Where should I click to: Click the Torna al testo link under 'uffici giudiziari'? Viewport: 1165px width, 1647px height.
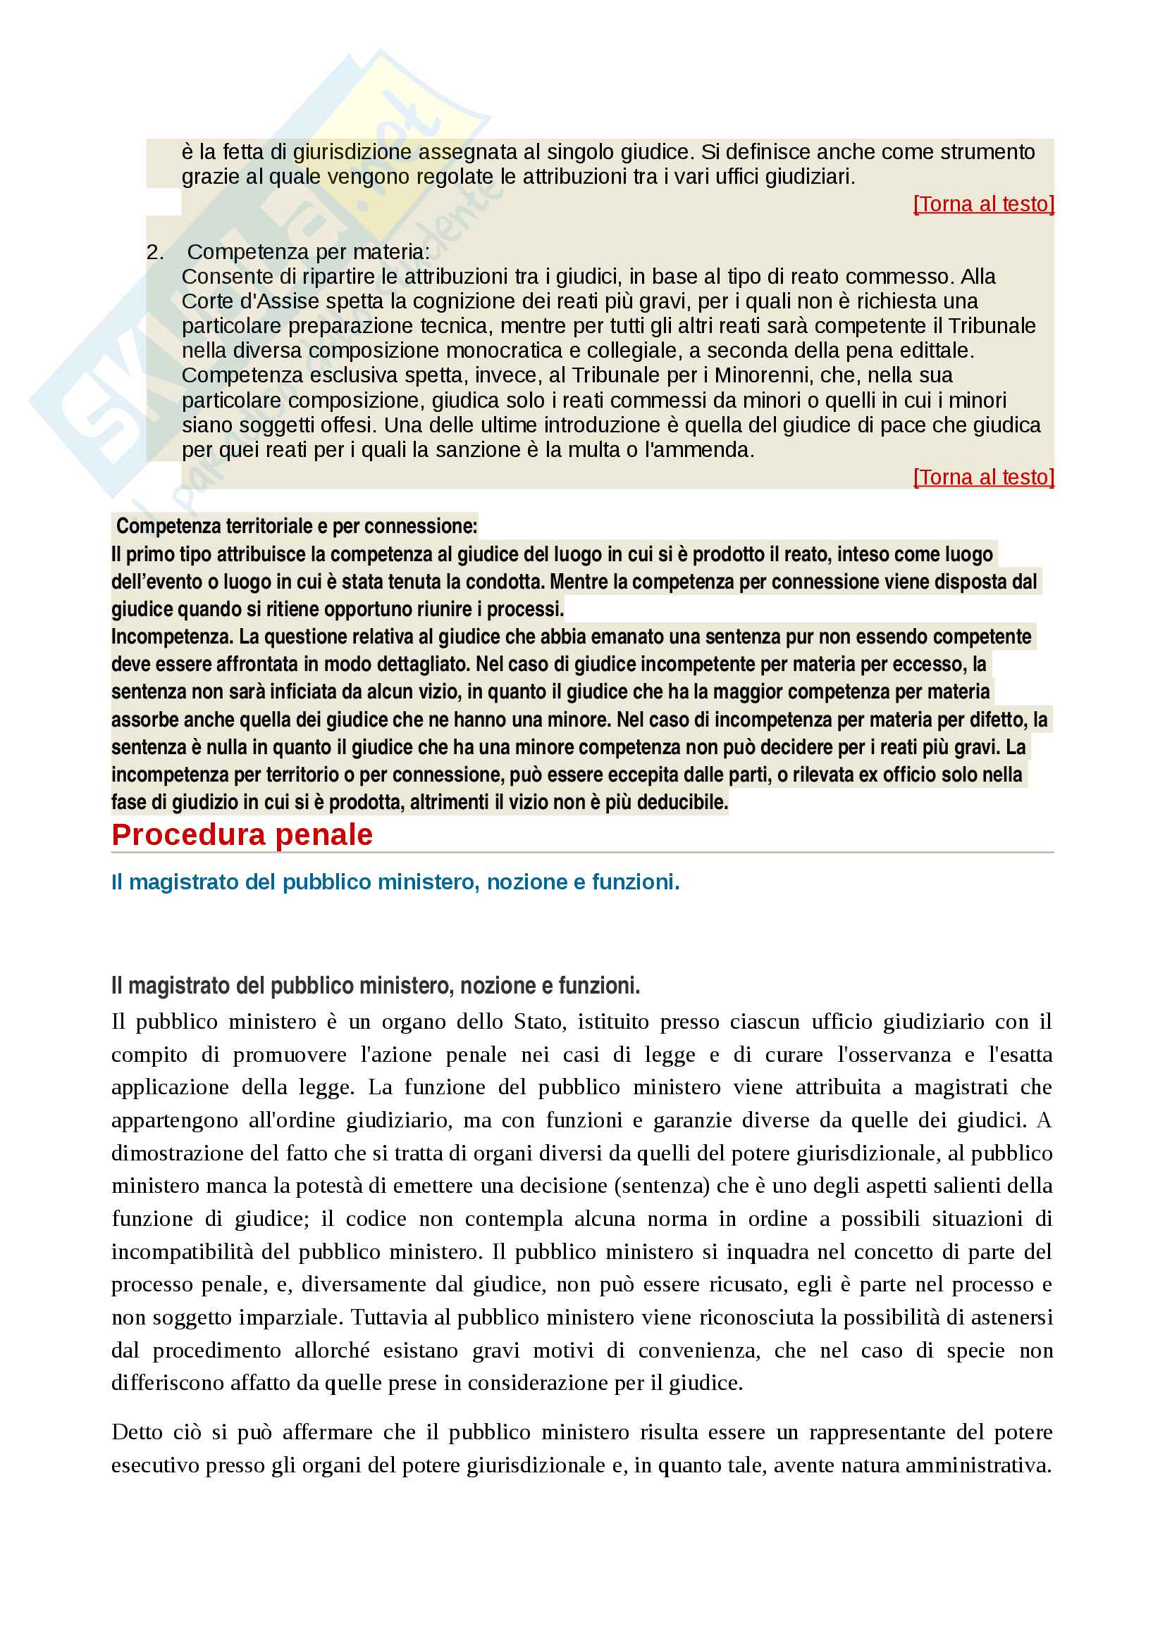982,204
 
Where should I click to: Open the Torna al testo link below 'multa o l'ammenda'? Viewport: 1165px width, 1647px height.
982,477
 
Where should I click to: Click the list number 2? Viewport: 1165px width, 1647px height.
154,253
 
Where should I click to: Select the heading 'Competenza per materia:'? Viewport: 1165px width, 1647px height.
308,253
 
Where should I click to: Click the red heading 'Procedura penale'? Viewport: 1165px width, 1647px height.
242,835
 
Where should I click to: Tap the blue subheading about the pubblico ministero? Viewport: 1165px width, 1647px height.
395,882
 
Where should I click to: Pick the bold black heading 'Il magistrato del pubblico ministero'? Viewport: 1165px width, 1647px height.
375,987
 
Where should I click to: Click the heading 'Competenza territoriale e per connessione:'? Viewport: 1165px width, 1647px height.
296,527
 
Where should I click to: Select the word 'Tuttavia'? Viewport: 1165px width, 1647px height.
396,1317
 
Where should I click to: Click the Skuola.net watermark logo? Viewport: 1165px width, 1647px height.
237,273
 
